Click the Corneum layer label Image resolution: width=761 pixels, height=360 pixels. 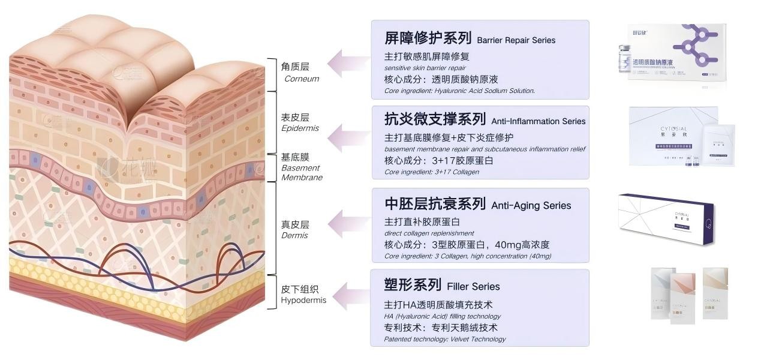point(300,72)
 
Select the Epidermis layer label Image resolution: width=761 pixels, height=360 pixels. point(300,122)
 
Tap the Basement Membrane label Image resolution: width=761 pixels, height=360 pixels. point(301,167)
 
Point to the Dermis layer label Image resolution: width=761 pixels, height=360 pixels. point(295,230)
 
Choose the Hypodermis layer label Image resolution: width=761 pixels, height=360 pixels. point(303,294)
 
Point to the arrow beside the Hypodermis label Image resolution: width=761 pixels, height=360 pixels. point(350,296)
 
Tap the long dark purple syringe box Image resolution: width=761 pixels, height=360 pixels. point(667,219)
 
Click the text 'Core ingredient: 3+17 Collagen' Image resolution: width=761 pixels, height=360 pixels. point(432,172)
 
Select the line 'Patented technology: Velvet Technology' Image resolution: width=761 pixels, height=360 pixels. point(444,339)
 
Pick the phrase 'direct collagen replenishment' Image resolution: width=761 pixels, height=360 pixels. point(429,233)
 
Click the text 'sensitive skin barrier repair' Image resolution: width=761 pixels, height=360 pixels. point(425,68)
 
